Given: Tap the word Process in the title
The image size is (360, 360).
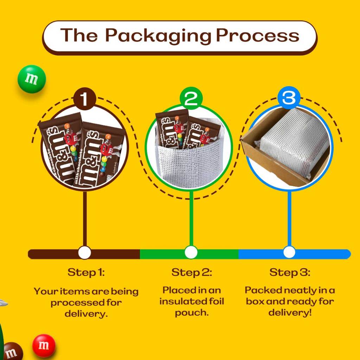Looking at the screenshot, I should [257, 36].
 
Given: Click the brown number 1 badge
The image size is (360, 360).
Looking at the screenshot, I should [84, 99].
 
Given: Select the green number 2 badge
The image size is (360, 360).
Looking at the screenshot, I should [191, 99].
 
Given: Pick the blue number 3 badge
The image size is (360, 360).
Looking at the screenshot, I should [289, 98].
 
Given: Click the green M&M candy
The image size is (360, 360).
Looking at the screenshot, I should [32, 79].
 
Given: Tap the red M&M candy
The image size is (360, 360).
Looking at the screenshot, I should [44, 346].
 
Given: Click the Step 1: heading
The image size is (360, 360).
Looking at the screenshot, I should [86, 272].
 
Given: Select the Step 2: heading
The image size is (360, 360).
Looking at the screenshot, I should [192, 272].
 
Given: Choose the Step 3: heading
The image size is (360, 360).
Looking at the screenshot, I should [290, 272].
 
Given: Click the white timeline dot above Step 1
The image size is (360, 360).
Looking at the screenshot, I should [84, 252].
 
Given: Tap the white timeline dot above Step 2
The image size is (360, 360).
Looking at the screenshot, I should [191, 252].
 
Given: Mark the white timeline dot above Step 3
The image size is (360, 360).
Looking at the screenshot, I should [289, 252].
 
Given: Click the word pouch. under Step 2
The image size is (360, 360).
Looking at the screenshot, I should [192, 313].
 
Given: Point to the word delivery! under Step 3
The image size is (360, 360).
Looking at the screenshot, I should [290, 313].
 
